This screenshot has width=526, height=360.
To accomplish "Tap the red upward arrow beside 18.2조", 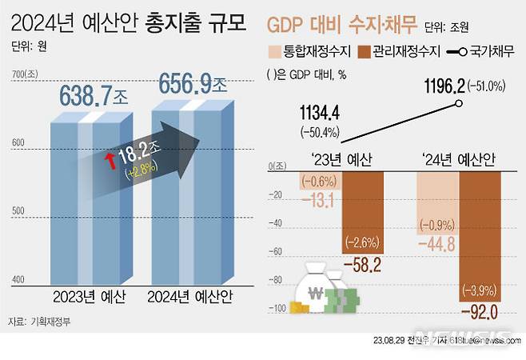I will [110, 162].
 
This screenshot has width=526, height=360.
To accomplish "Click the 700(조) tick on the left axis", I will [26, 75].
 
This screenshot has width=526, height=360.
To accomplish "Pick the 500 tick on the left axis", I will [19, 210].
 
